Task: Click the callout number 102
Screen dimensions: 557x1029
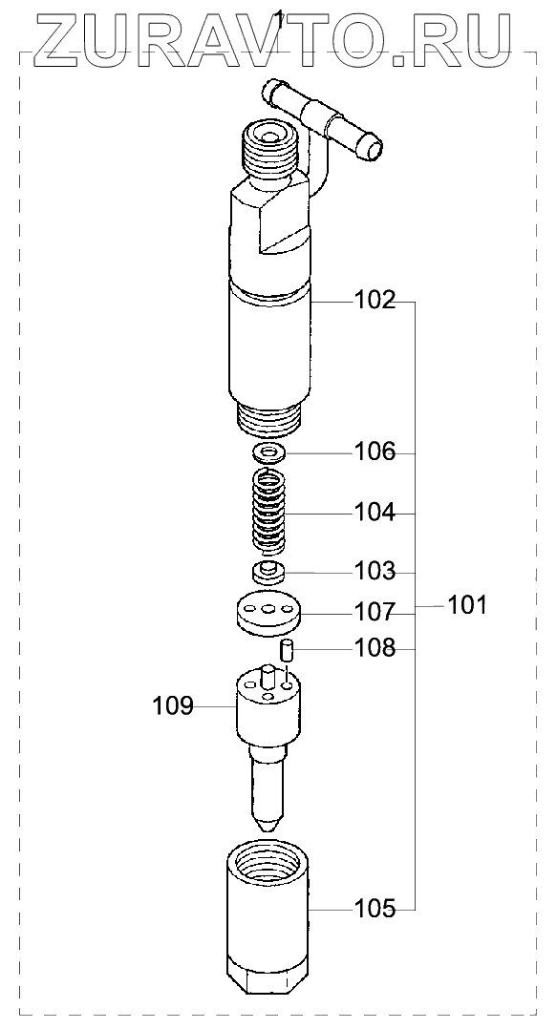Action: pyautogui.click(x=375, y=301)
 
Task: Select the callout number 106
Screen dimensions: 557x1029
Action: pyautogui.click(x=375, y=452)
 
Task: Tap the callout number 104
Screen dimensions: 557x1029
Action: pyautogui.click(x=375, y=512)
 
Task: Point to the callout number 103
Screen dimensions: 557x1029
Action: pyautogui.click(x=375, y=572)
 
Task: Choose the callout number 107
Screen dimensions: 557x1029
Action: pyautogui.click(x=375, y=613)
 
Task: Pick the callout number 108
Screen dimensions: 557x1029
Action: pyautogui.click(x=375, y=648)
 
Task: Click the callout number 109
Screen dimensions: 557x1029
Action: pyautogui.click(x=173, y=706)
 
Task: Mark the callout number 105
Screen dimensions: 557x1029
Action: pyautogui.click(x=375, y=909)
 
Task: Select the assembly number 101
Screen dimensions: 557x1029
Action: pyautogui.click(x=467, y=605)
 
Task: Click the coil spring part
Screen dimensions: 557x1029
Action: pyautogui.click(x=269, y=512)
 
